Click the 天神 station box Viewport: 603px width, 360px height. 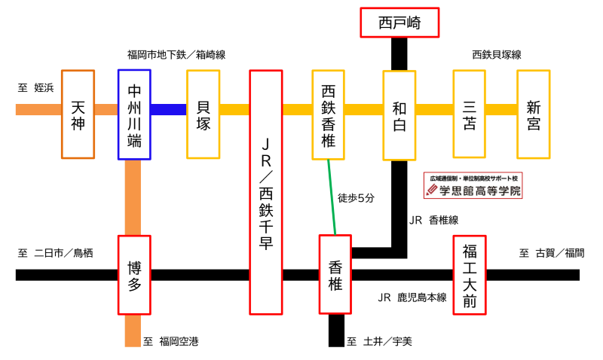[78, 114]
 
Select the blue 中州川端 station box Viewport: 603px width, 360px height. [134, 114]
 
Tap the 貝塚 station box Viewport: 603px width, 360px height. [203, 114]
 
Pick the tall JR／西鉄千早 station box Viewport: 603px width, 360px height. [266, 192]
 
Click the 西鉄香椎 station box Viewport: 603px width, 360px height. [328, 114]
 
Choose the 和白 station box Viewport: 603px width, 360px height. [399, 115]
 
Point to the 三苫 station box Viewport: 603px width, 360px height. [469, 114]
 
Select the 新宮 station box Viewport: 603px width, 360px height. [534, 114]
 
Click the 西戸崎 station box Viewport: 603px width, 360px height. [399, 23]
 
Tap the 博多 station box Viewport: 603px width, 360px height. [134, 275]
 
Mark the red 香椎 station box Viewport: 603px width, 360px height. [335, 274]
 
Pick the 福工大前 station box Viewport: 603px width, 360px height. [470, 275]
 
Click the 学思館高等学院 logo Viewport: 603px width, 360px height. [473, 185]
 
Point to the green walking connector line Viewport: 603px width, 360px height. [332, 197]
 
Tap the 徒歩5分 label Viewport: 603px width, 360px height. [356, 198]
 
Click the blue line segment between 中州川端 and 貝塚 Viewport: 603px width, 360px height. [169, 109]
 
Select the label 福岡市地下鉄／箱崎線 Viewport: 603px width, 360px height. [176, 55]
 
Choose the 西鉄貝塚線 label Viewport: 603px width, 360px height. [497, 55]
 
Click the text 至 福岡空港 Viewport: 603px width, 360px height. [171, 341]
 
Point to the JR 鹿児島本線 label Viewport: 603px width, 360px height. [412, 297]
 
